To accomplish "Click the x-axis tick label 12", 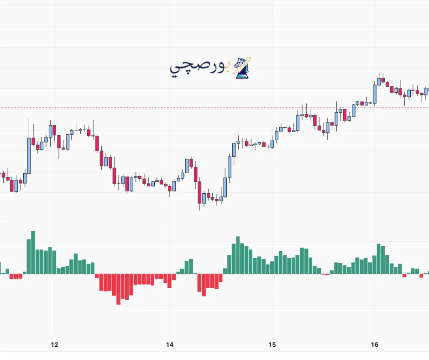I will click(54, 344).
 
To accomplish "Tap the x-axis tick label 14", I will click(169, 344).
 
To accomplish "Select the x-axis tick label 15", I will click(272, 344).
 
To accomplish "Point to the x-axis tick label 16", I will click(375, 344).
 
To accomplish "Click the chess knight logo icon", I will click(242, 68).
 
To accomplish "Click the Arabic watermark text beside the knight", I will click(200, 69).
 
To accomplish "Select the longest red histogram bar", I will click(118, 289).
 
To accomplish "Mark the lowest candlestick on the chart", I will click(200, 197).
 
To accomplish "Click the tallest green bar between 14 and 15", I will click(238, 255).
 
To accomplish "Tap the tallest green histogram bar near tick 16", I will click(379, 259).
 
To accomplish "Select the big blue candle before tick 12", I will click(29, 155).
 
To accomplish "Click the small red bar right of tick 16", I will click(404, 275).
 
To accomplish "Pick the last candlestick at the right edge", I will click(426, 91).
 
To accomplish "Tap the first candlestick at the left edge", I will click(3, 175).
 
